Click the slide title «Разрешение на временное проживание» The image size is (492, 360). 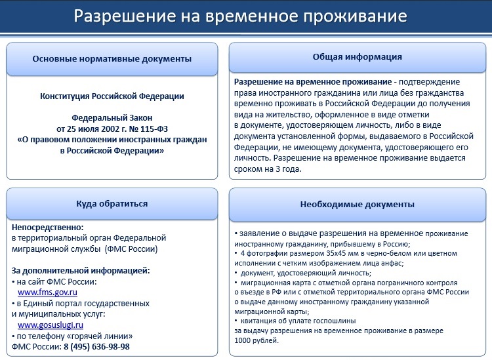(x=240, y=16)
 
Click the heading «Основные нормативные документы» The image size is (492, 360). (x=112, y=58)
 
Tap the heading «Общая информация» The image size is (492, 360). (x=357, y=57)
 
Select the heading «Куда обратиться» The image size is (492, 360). (x=112, y=204)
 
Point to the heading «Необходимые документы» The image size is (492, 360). (x=357, y=205)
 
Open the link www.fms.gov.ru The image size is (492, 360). (x=47, y=292)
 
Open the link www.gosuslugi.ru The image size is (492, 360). (x=51, y=325)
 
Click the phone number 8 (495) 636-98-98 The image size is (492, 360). (x=96, y=347)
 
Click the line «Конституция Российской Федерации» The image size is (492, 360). (x=112, y=96)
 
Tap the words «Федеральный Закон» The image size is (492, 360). (x=112, y=118)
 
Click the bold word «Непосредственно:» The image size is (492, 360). (x=48, y=228)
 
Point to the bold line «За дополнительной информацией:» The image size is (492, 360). (x=81, y=270)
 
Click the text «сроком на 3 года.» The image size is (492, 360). (x=268, y=169)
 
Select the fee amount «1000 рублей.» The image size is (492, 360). (x=256, y=340)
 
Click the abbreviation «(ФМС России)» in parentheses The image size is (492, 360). (x=132, y=249)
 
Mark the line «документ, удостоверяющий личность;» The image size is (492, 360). (x=306, y=273)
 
